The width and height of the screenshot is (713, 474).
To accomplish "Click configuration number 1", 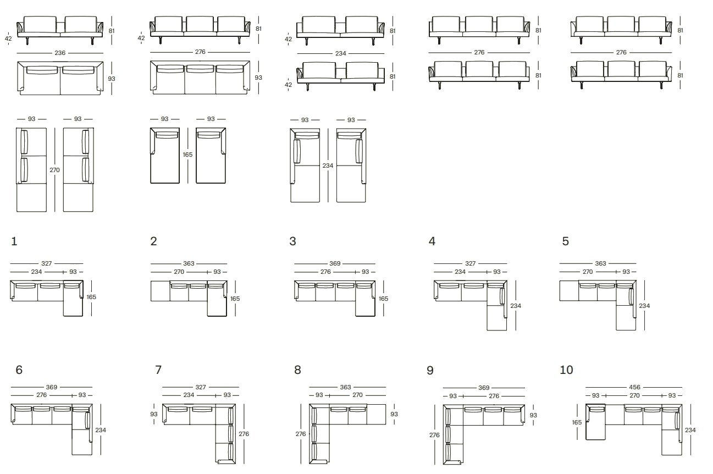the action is (14, 241).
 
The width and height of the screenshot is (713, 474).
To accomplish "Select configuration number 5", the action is (565, 241).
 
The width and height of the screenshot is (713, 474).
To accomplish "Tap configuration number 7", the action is (158, 370).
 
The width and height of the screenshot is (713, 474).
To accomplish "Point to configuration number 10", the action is (566, 370).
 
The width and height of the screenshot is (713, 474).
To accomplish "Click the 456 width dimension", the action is (634, 388).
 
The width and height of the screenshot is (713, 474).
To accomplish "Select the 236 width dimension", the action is (60, 53).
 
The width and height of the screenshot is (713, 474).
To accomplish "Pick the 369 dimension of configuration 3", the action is (335, 263).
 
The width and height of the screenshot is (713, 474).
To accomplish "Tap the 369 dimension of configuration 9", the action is (484, 388).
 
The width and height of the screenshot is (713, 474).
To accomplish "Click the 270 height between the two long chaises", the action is (54, 170).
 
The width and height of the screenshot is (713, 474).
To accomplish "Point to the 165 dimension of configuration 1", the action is (91, 297).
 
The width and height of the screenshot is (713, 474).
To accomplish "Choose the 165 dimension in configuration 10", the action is (577, 422).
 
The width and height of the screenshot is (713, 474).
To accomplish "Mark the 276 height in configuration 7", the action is (244, 434).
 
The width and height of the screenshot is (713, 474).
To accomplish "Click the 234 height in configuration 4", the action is (516, 306).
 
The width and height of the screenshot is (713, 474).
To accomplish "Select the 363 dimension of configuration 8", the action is (345, 388).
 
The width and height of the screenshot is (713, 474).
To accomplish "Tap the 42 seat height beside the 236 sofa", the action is (8, 38).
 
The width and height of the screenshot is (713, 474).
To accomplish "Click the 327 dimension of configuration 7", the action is (201, 388).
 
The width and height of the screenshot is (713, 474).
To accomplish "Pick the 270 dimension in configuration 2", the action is (179, 272).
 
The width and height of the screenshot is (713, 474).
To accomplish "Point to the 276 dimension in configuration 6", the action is (41, 395).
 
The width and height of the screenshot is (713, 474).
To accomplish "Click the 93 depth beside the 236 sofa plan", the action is (112, 79).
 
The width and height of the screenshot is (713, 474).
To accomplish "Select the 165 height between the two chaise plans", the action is (187, 155).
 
